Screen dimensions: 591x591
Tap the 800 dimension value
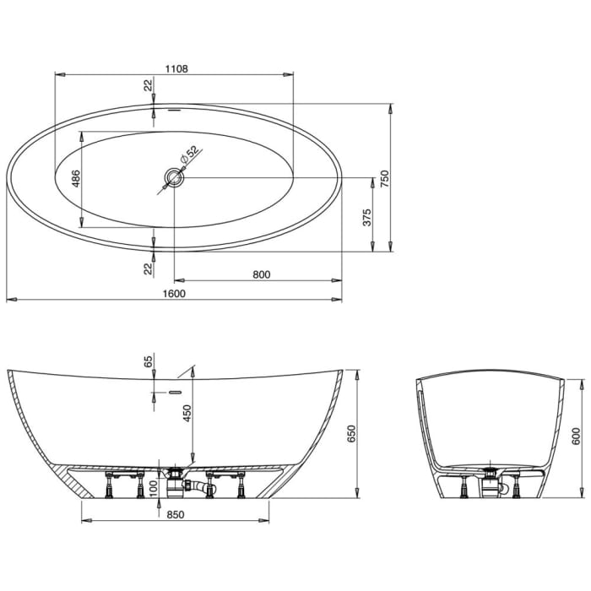261,273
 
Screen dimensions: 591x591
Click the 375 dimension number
366,219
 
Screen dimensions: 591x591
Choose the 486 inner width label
75,178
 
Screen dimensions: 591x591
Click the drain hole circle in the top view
174,177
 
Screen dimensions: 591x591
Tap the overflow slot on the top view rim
175,109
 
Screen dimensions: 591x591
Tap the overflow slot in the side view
175,393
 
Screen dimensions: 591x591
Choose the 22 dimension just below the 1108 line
148,85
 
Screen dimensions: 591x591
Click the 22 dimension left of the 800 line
148,268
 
